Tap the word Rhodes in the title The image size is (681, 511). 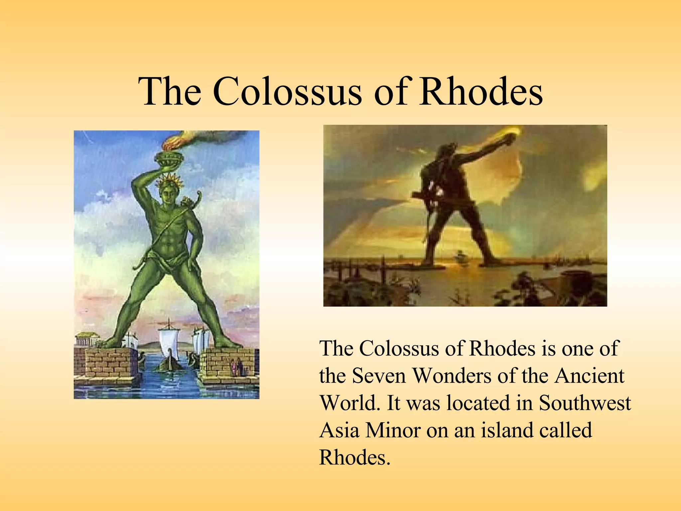480,91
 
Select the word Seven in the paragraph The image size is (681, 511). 379,376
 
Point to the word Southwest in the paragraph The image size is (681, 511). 585,403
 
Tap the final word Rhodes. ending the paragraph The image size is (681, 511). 354,458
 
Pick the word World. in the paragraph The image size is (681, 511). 349,403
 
